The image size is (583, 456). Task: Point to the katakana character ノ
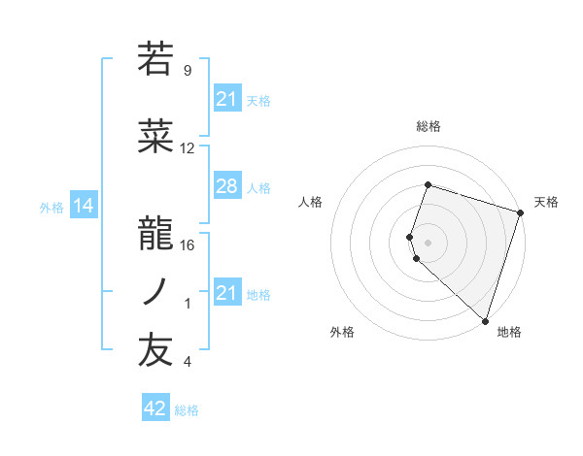click(155, 291)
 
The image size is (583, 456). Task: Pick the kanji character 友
click(155, 350)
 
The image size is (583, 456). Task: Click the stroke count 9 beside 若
click(188, 70)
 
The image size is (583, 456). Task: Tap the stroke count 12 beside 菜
click(188, 148)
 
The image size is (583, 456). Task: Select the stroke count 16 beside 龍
click(188, 244)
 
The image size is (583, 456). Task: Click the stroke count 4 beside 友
click(188, 362)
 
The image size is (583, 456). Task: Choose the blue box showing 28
click(226, 186)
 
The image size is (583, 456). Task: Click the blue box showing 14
click(83, 206)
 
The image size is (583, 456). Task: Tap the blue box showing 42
click(154, 408)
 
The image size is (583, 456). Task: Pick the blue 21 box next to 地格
click(226, 292)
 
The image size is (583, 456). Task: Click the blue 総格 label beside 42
click(187, 410)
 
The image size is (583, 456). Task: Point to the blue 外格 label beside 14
click(51, 207)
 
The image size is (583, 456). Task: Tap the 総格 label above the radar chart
click(428, 126)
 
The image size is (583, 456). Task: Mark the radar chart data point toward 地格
click(485, 320)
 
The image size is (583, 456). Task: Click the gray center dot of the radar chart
click(428, 241)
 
